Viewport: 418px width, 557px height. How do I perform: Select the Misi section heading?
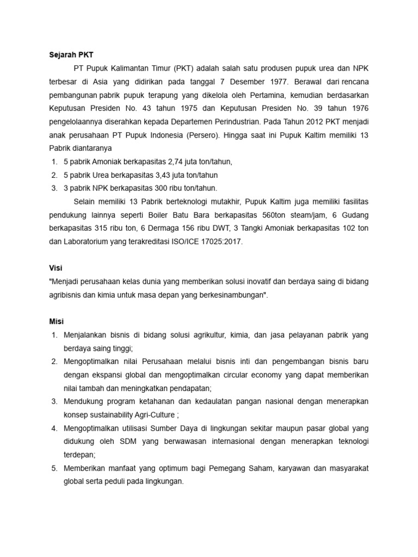coord(56,321)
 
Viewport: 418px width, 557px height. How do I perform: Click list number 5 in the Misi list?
coord(54,468)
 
